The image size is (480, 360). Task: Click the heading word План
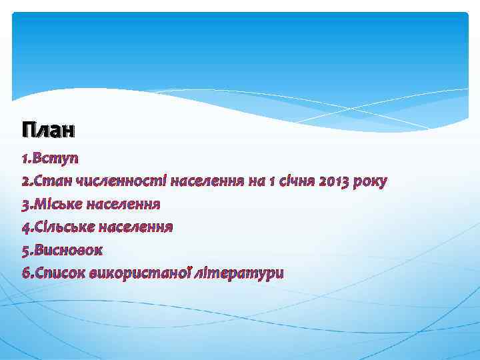[x=48, y=129]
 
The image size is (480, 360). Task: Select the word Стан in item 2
[x=54, y=181]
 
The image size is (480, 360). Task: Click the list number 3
[x=24, y=204]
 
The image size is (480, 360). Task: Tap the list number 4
[x=24, y=227]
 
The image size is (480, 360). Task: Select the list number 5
[x=24, y=249]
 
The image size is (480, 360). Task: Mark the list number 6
[x=24, y=272]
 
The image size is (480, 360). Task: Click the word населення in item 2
[x=208, y=181]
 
